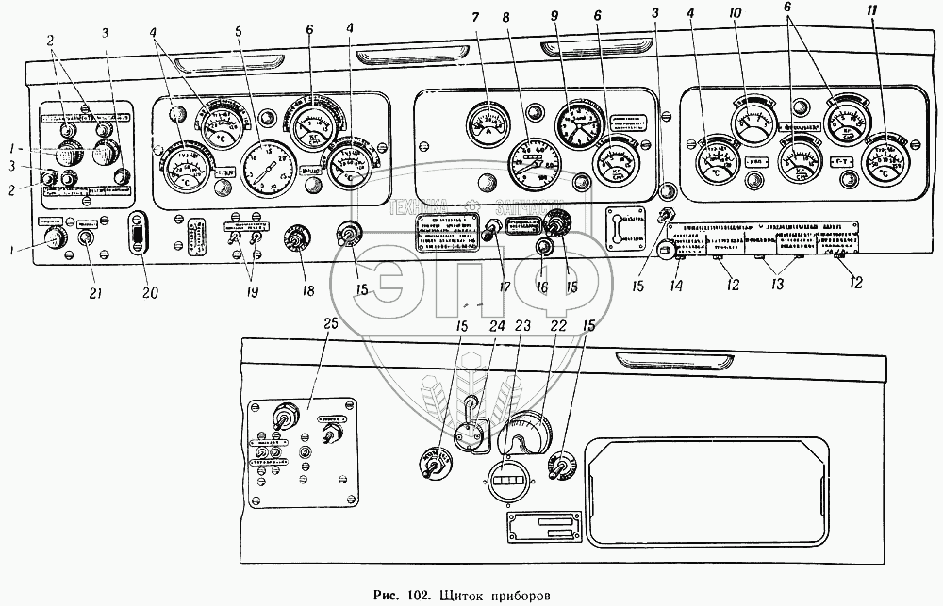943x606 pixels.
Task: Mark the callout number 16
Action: (x=540, y=288)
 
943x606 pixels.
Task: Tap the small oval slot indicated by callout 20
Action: (x=138, y=234)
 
